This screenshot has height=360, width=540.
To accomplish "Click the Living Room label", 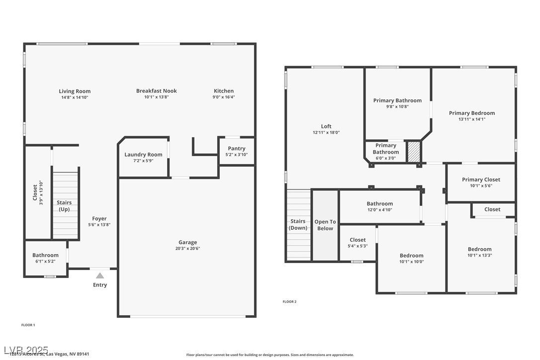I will coord(75,91).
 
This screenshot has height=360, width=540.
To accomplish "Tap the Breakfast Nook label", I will coord(156,91).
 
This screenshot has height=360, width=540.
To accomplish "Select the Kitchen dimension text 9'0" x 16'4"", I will coord(224,97).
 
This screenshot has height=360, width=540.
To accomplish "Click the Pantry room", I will coord(236,151).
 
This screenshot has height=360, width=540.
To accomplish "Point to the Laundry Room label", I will coord(143,155).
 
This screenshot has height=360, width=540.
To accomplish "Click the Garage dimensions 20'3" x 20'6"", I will coord(187,249).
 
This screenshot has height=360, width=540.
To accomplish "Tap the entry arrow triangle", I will coord(100,275).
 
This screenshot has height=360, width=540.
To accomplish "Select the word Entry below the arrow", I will coord(100,285).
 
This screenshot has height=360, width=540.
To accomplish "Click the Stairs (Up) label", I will coord(64,206).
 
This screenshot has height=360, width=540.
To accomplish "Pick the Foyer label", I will coord(99,219).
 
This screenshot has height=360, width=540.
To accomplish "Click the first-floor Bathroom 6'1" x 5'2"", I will coord(45,258).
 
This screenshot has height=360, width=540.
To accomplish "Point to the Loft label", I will coord(326,126).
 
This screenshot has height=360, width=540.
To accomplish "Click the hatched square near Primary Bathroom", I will coord(414,152).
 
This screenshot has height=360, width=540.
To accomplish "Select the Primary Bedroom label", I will coord(472,113).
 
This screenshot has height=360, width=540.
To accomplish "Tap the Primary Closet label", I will coord(481,180).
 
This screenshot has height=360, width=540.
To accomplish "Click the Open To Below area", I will coord(325,225).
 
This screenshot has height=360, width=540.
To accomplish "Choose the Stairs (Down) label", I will coord(298,225).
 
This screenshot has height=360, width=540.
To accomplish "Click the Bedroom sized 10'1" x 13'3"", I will coord(479,252).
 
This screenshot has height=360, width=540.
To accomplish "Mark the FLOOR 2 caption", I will coord(289,301).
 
